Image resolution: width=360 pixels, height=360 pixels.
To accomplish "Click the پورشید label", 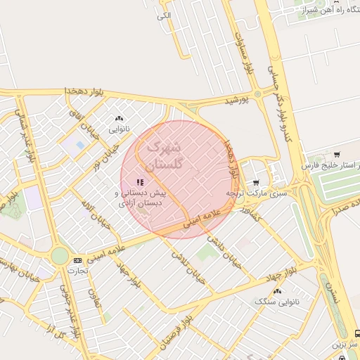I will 237,101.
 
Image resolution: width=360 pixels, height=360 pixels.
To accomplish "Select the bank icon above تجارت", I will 77,260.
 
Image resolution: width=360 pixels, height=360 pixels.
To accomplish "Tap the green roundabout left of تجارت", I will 60,255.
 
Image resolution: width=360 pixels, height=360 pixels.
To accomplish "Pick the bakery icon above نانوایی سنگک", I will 277,290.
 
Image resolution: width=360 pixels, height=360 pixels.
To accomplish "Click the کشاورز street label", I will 250,214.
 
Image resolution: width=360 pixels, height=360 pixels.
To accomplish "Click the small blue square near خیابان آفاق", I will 79,145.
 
